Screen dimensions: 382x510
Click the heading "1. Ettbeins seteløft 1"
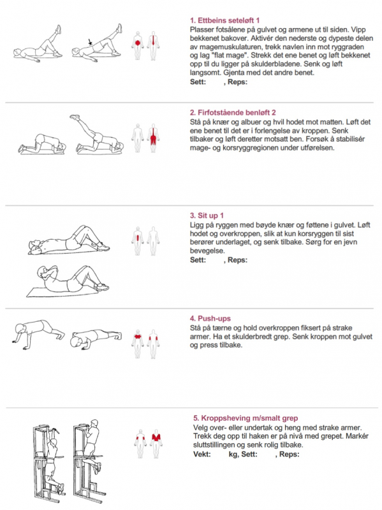coord(224,20)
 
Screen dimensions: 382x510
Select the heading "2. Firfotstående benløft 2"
coord(233,113)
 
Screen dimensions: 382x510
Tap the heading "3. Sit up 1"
coord(207,215)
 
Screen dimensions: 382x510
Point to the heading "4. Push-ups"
coord(210,318)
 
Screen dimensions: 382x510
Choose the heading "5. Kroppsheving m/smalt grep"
coord(246,418)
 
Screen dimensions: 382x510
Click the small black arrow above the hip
coord(90,42)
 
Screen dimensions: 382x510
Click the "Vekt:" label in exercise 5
coord(202,454)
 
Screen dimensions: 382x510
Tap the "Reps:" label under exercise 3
coord(237,260)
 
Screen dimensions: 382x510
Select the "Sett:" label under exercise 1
coord(198,82)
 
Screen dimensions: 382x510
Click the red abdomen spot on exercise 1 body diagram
coord(138,43)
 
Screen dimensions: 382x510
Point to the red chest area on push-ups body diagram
coord(138,337)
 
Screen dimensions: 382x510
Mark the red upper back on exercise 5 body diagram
coord(156,437)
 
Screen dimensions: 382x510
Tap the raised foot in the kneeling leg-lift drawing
coord(75,117)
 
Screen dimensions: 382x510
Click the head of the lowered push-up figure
coord(76,342)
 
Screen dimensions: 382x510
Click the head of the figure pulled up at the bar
coord(94,423)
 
